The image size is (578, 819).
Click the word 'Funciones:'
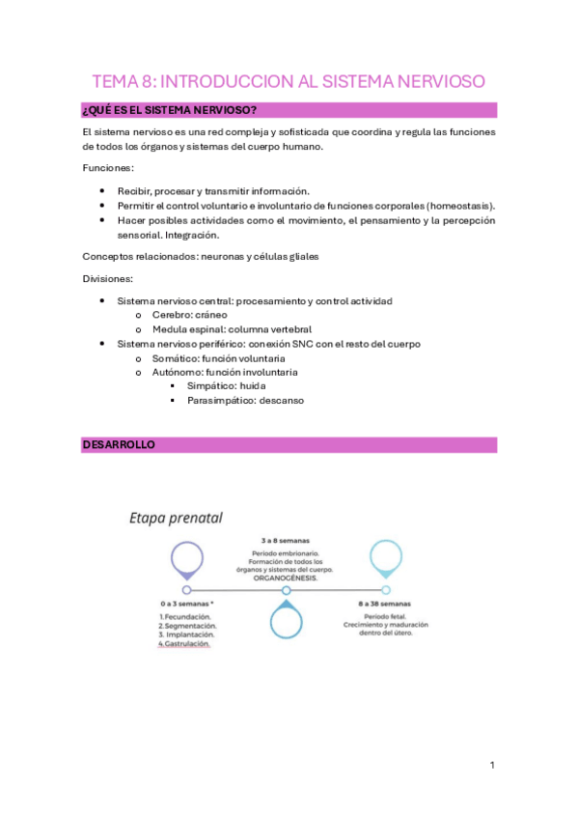(108, 167)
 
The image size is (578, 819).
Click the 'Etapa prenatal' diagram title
(177, 519)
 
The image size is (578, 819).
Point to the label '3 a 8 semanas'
(286, 540)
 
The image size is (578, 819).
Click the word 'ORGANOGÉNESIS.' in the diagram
(286, 577)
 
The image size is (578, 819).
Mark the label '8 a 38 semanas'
(386, 604)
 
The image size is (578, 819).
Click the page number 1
(492, 766)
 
